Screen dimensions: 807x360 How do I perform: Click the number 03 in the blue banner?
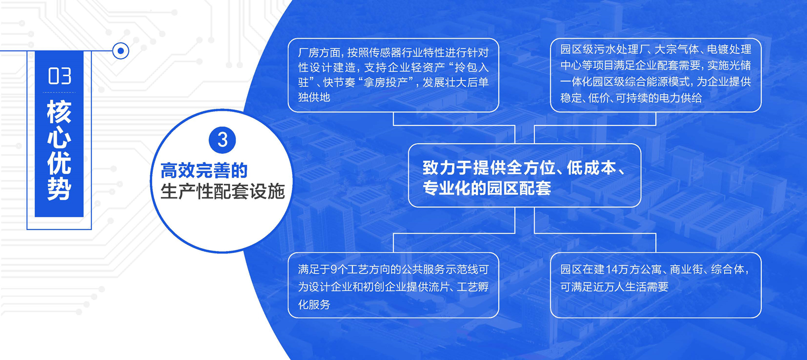coord(59,76)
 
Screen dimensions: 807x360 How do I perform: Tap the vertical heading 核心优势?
coord(59,150)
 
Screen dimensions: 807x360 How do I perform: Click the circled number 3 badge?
coord(222,140)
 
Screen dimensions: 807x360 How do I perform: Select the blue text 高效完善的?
coord(204,171)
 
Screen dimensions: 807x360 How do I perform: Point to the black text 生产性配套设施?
coord(223,191)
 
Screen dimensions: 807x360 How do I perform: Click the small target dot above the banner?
coord(121,51)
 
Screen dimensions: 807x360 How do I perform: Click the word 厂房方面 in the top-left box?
coord(319,53)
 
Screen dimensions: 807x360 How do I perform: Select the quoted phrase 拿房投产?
coord(388,83)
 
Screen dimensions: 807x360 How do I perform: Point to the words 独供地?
coord(314,97)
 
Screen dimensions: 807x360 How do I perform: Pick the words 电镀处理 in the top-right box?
coord(729,50)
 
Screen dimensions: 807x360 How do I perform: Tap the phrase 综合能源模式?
coord(654,82)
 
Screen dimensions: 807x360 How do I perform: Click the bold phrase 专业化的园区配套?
coord(487,188)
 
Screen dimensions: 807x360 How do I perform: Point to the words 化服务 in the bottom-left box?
coord(314,305)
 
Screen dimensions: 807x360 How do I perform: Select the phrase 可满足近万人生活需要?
coord(614,287)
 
